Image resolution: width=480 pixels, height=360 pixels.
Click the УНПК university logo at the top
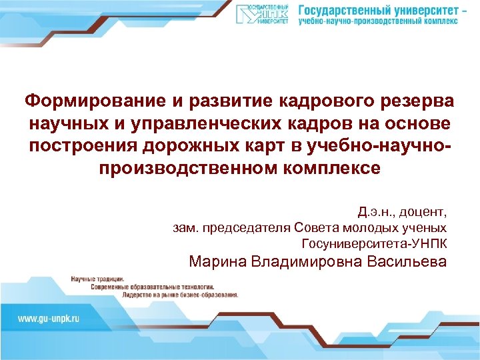click(x=263, y=14)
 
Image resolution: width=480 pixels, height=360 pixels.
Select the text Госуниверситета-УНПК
click(x=374, y=243)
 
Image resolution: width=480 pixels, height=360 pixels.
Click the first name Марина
click(x=217, y=261)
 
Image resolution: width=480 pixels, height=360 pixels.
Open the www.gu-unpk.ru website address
click(x=48, y=319)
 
